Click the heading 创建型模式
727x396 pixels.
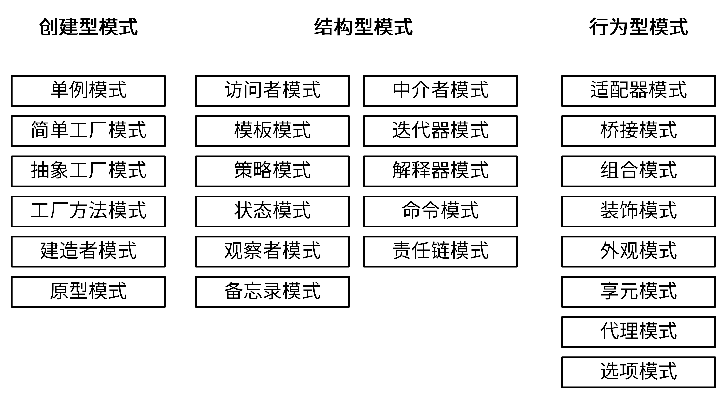pos(88,27)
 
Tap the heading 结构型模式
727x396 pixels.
pos(363,27)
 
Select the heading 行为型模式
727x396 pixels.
pos(638,27)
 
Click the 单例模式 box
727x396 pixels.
pos(88,91)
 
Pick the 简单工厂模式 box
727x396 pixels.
pos(88,131)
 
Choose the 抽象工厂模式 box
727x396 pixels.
pos(88,171)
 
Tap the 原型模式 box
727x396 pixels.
pos(88,292)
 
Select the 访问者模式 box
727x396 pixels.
pos(272,91)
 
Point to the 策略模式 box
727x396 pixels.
pos(272,171)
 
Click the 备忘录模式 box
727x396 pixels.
pos(272,292)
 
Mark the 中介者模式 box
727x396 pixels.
pos(440,91)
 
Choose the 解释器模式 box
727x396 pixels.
pos(440,171)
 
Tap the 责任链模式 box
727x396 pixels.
pos(440,252)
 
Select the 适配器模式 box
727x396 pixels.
pos(638,91)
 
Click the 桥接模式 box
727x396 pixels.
pos(638,131)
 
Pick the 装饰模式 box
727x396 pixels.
pos(638,211)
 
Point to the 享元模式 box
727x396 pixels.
pos(638,292)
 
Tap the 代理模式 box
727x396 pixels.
pos(638,332)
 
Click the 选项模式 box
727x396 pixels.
pos(638,372)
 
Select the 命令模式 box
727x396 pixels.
pos(440,211)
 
